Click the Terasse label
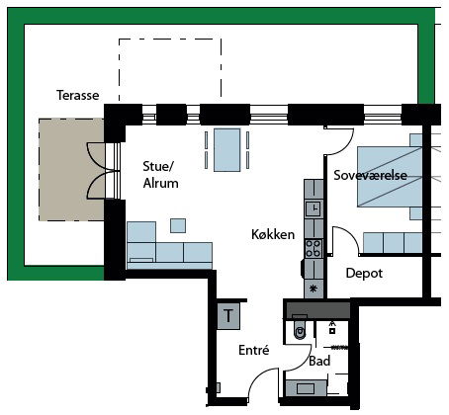[78, 95]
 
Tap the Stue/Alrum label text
[160, 175]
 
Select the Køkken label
[273, 234]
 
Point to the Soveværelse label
[370, 175]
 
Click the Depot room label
[364, 273]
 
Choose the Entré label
[254, 350]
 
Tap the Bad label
[319, 361]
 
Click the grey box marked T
[228, 316]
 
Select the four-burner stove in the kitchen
[314, 249]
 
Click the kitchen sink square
[314, 208]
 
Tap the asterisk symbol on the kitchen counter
[314, 289]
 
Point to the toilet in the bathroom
[300, 328]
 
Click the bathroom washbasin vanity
[307, 388]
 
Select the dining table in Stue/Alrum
[226, 150]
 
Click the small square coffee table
[178, 225]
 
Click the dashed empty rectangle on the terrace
[170, 70]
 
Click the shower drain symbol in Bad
[332, 330]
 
